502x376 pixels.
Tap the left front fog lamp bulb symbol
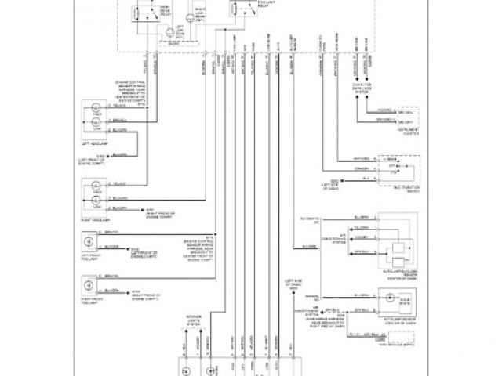89,251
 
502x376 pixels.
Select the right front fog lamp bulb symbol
89,291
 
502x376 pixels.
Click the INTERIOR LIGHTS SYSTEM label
198,319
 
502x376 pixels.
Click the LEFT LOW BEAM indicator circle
169,32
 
